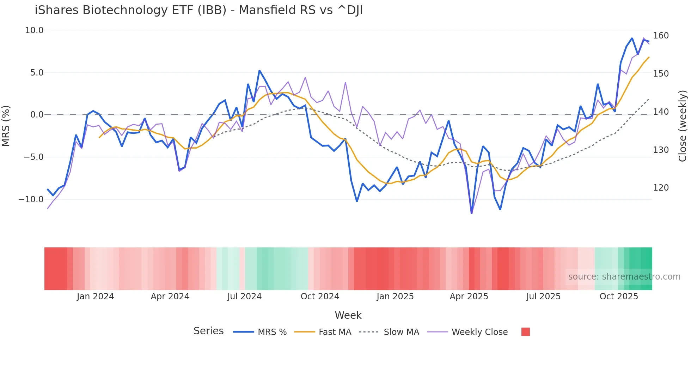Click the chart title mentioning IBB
(198, 10)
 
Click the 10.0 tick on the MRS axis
(34, 30)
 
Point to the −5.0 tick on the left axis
(33, 157)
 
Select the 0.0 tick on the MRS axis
(37, 115)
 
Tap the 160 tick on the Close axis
(661, 36)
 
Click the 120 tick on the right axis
(661, 188)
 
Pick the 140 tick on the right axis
(661, 112)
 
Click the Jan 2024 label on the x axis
(95, 297)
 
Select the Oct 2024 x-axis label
(320, 297)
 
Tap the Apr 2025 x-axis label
(469, 297)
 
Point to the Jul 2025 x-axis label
(543, 297)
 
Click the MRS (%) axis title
(6, 126)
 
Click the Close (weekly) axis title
(683, 126)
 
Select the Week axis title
(348, 315)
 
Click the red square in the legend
(525, 332)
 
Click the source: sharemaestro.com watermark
(624, 277)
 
